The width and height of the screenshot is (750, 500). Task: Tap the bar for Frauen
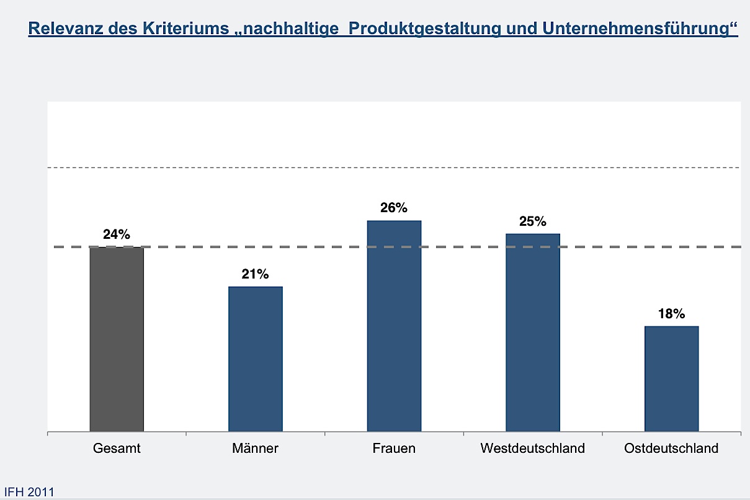click(x=394, y=326)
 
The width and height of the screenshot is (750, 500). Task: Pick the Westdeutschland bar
click(x=533, y=333)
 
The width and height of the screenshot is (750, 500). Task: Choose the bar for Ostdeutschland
click(x=671, y=378)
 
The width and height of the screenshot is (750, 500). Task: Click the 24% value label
click(x=117, y=234)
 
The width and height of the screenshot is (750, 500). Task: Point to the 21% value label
click(x=256, y=274)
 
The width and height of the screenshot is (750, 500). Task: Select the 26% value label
click(x=394, y=208)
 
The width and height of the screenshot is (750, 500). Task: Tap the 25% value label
click(x=533, y=221)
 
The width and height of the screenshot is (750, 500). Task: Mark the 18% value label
click(x=671, y=314)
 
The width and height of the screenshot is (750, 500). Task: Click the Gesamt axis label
click(x=117, y=448)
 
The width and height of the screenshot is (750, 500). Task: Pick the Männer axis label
click(x=256, y=448)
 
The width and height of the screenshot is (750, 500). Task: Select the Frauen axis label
click(x=394, y=448)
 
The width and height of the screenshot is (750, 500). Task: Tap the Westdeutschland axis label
click(x=533, y=448)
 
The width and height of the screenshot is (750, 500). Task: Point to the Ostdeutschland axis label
click(x=671, y=448)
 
